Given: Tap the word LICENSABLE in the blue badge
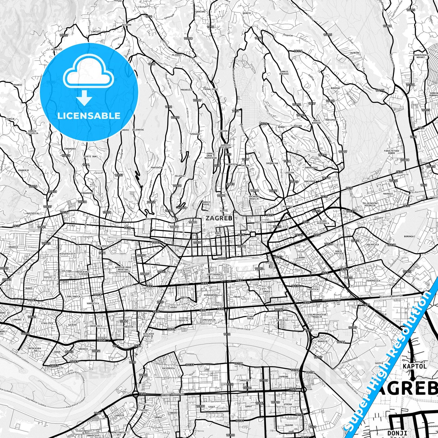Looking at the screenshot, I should (x=89, y=115).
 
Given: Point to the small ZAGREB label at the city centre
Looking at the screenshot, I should (x=214, y=218).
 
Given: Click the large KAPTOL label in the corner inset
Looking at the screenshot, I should (x=415, y=366).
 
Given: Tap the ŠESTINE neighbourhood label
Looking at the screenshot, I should (x=126, y=25).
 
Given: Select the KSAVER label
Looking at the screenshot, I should (x=223, y=131).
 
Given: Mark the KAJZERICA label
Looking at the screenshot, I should (x=169, y=368).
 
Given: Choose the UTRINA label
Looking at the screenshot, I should (x=288, y=404).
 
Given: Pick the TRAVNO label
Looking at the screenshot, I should (x=289, y=425).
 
